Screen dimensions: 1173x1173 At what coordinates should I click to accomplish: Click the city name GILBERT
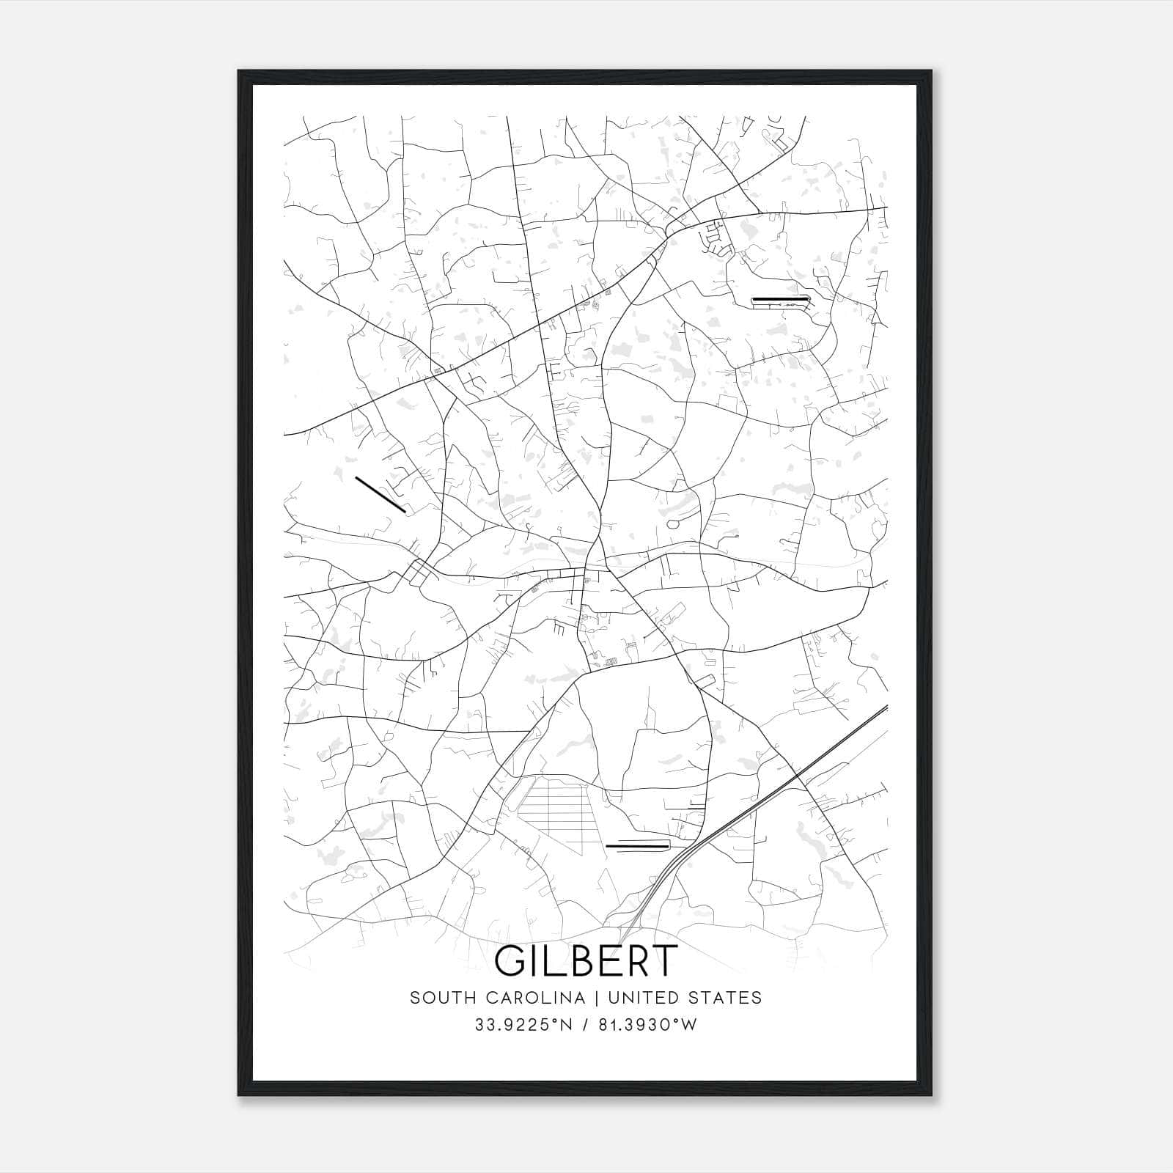586,961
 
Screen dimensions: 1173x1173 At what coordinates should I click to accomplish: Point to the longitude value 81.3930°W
647,1025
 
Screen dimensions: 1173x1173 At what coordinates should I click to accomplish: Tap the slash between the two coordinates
585,1025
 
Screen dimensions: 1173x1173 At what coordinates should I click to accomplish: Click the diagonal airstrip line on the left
380,494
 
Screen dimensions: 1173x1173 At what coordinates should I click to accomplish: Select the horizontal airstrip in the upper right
780,299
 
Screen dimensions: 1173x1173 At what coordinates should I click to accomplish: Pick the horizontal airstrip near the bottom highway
637,846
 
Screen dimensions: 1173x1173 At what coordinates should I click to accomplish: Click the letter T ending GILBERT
661,961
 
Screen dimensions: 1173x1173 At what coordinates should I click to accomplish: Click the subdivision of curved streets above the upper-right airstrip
716,239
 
